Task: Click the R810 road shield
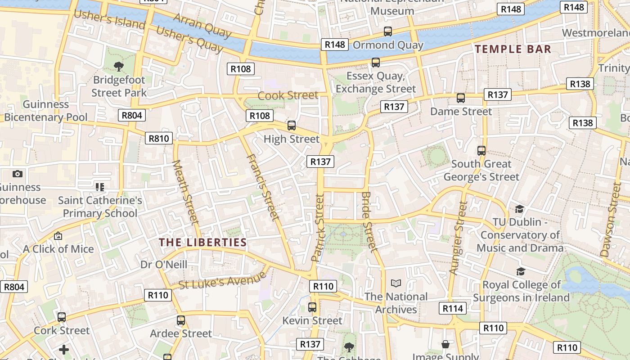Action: click(x=159, y=138)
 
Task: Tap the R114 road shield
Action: click(x=453, y=308)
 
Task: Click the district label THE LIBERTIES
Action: click(x=202, y=243)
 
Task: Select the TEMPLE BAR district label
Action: click(x=513, y=49)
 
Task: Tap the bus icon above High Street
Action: click(x=292, y=126)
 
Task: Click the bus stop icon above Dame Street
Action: click(x=460, y=98)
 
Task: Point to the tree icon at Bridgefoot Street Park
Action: click(x=119, y=67)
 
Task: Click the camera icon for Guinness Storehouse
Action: click(x=18, y=174)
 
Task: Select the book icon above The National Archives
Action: click(x=396, y=283)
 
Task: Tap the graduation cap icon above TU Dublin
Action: click(x=519, y=209)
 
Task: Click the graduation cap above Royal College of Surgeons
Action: click(x=521, y=271)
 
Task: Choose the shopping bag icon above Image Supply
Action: click(x=445, y=344)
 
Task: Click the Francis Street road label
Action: click(x=262, y=187)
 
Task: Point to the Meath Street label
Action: click(x=186, y=192)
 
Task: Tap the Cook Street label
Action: click(x=288, y=95)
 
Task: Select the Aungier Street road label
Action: click(x=459, y=237)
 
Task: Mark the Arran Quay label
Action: click(x=202, y=25)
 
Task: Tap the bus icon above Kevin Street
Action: click(x=312, y=307)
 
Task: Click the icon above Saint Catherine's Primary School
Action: click(x=100, y=187)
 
